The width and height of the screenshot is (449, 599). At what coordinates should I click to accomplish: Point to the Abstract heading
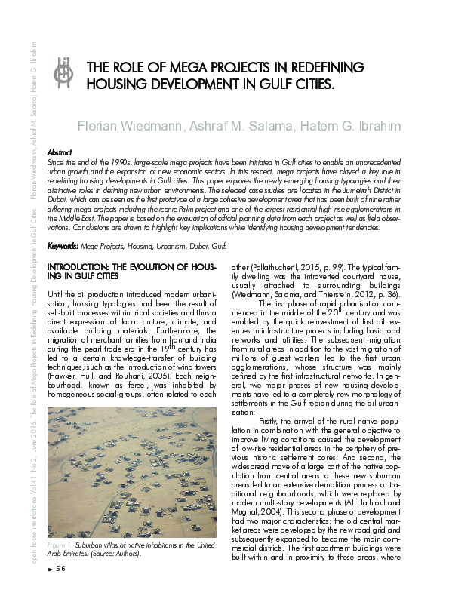(60, 152)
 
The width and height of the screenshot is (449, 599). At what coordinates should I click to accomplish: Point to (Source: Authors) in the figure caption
(115, 553)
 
